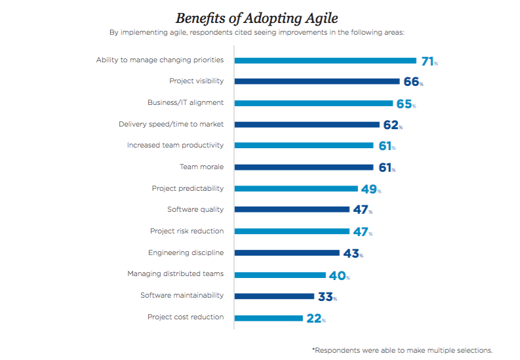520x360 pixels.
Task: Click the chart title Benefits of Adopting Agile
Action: [x=256, y=18]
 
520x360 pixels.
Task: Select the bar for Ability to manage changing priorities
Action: [x=325, y=60]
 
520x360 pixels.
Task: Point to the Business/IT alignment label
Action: [x=186, y=102]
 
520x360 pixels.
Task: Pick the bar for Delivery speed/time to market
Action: [x=307, y=124]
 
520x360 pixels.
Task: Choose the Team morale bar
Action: [x=304, y=167]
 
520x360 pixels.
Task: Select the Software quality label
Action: [x=195, y=209]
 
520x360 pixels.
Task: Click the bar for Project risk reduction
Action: [x=292, y=231]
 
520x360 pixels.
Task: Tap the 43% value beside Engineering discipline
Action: [x=352, y=253]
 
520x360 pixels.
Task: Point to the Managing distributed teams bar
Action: [x=280, y=275]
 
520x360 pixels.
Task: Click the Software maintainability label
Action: [x=182, y=295]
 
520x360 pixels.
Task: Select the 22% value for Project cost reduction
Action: [x=315, y=318]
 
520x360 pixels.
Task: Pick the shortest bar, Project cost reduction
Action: [x=269, y=318]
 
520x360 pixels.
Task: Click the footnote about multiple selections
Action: [x=402, y=350]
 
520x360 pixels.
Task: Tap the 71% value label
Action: [x=430, y=61]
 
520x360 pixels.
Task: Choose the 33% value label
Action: [x=327, y=296]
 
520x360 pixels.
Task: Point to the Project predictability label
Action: [x=188, y=188]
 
